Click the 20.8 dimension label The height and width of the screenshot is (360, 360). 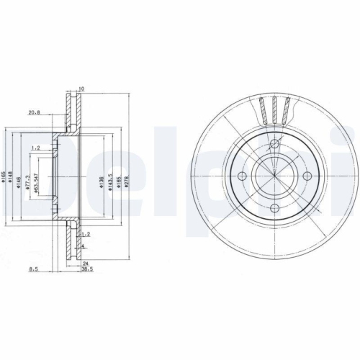click(x=33, y=112)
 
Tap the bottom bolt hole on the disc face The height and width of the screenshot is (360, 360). click(x=274, y=210)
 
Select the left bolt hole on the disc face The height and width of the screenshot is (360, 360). click(x=242, y=176)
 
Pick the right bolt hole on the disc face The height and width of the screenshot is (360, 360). click(x=307, y=176)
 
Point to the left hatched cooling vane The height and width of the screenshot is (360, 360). click(x=263, y=109)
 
